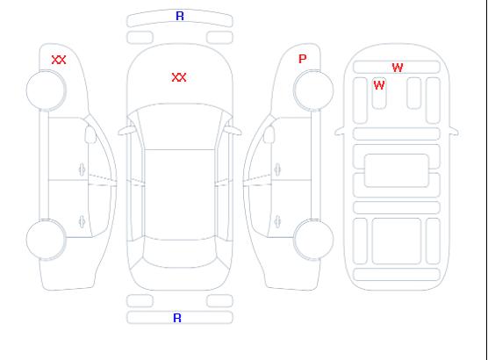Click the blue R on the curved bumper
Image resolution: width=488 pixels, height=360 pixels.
(x=180, y=16)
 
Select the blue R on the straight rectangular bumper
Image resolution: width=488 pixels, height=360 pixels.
(x=177, y=318)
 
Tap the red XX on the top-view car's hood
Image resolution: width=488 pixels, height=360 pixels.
(x=179, y=77)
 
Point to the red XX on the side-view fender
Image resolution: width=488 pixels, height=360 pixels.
(x=59, y=60)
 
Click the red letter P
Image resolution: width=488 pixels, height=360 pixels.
(x=302, y=59)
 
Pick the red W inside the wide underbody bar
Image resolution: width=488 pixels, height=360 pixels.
(x=398, y=68)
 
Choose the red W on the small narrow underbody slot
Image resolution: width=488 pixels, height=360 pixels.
(x=379, y=85)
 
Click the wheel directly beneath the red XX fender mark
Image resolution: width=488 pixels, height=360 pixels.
(x=46, y=90)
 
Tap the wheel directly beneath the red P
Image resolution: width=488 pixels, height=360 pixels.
(x=313, y=90)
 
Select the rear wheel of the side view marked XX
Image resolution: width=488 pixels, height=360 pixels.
(x=46, y=240)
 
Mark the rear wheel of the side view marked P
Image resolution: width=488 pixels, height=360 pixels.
(x=313, y=239)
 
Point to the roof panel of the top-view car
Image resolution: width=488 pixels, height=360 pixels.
(x=180, y=195)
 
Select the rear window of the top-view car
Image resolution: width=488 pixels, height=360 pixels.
(x=180, y=253)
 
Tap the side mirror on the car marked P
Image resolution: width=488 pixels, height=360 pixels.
(x=269, y=134)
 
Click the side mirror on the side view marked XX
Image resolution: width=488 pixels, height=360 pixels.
(x=90, y=134)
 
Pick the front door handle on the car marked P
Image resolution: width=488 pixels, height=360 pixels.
(x=277, y=169)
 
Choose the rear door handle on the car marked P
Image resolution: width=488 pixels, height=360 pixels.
(x=277, y=221)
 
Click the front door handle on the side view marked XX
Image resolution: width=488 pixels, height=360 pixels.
(x=83, y=169)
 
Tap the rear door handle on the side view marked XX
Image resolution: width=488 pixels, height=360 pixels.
(x=83, y=221)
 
